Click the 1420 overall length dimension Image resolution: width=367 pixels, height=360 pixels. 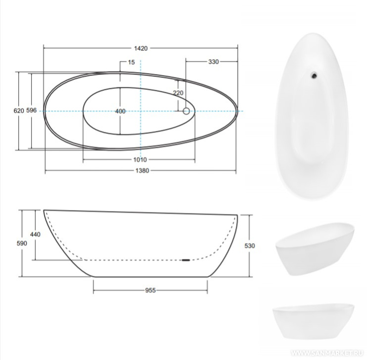click(141, 48)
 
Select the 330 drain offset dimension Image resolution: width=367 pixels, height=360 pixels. click(213, 62)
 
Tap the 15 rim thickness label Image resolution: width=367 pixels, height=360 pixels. click(132, 62)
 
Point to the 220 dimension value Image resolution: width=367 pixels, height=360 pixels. click(178, 93)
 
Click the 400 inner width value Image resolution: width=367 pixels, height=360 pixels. click(120, 111)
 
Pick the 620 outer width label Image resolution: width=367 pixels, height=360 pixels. click(19, 110)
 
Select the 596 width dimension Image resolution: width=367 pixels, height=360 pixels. click(31, 110)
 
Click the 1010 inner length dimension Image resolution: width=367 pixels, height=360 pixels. click(140, 159)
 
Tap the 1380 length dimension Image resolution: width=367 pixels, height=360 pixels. click(142, 171)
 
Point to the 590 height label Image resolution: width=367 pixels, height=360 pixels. click(22, 244)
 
